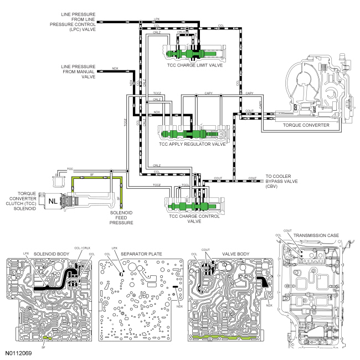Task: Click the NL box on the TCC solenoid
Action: pyautogui.click(x=55, y=198)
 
